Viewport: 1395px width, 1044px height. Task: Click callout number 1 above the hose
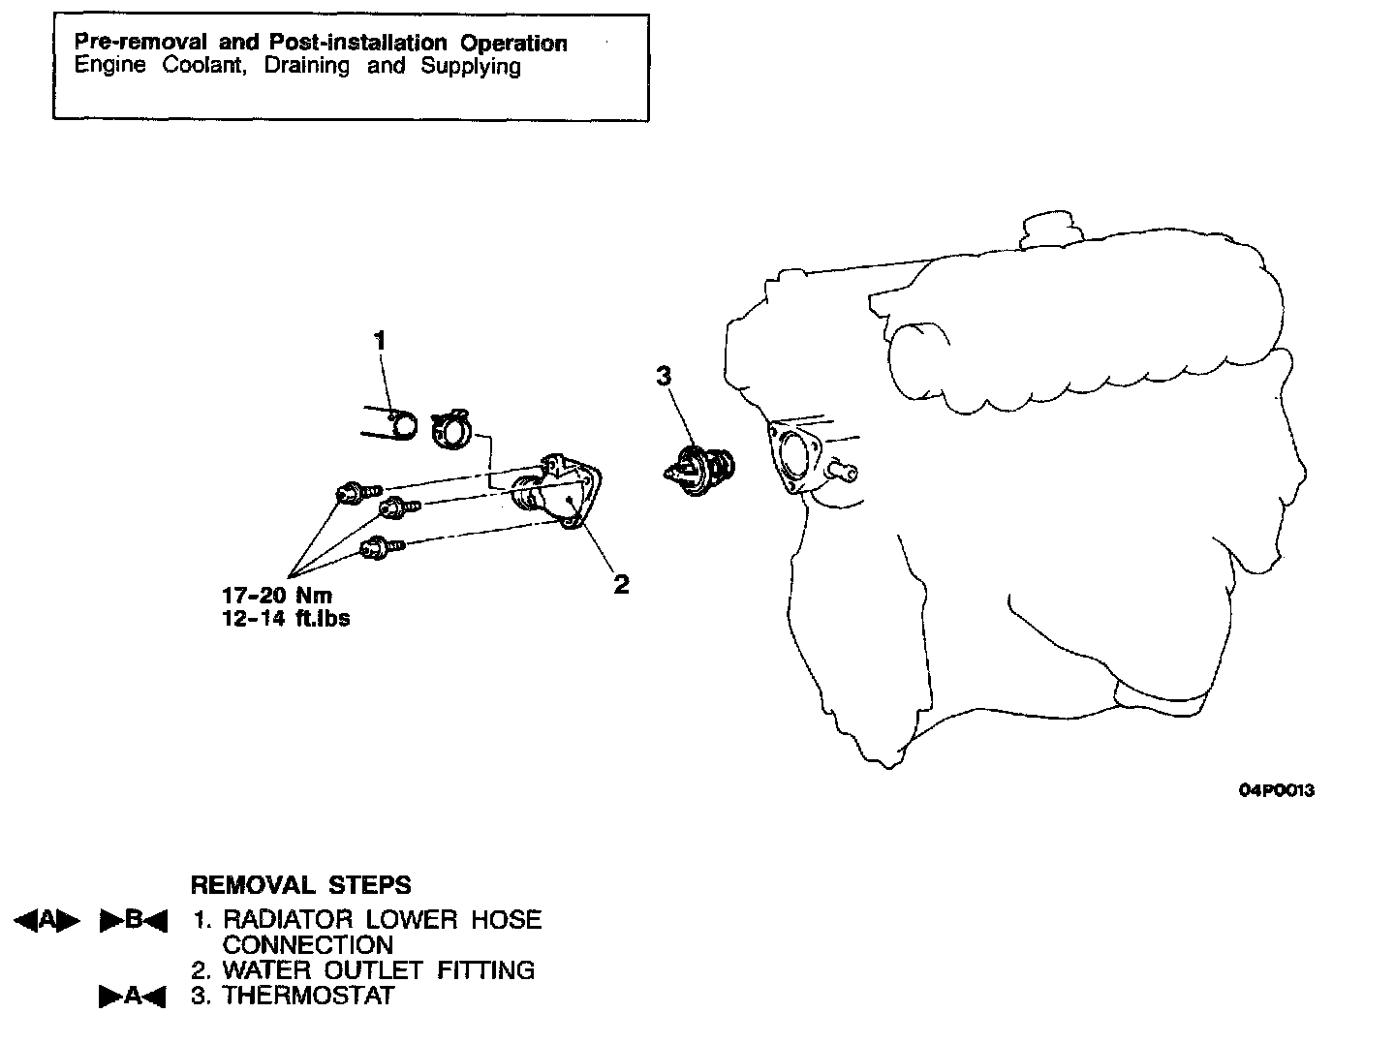pyautogui.click(x=380, y=340)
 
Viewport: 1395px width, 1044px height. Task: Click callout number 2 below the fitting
pyautogui.click(x=621, y=584)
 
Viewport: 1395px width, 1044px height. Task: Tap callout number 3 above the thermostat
pyautogui.click(x=664, y=376)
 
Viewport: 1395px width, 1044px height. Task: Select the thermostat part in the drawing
pyautogui.click(x=699, y=472)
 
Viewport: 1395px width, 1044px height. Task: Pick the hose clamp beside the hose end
pyautogui.click(x=450, y=429)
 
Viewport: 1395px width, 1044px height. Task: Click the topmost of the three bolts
pyautogui.click(x=355, y=493)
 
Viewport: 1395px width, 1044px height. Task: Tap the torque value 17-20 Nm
pyautogui.click(x=277, y=596)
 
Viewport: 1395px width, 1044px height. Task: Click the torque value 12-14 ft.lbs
pyautogui.click(x=286, y=618)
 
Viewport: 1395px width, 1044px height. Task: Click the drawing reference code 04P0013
pyautogui.click(x=1277, y=790)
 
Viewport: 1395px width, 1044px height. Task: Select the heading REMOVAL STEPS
pyautogui.click(x=300, y=885)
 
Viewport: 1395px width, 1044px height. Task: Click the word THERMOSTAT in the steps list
pyautogui.click(x=309, y=996)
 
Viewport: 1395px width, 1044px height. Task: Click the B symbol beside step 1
pyautogui.click(x=134, y=921)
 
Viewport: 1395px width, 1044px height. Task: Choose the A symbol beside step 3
pyautogui.click(x=134, y=997)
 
